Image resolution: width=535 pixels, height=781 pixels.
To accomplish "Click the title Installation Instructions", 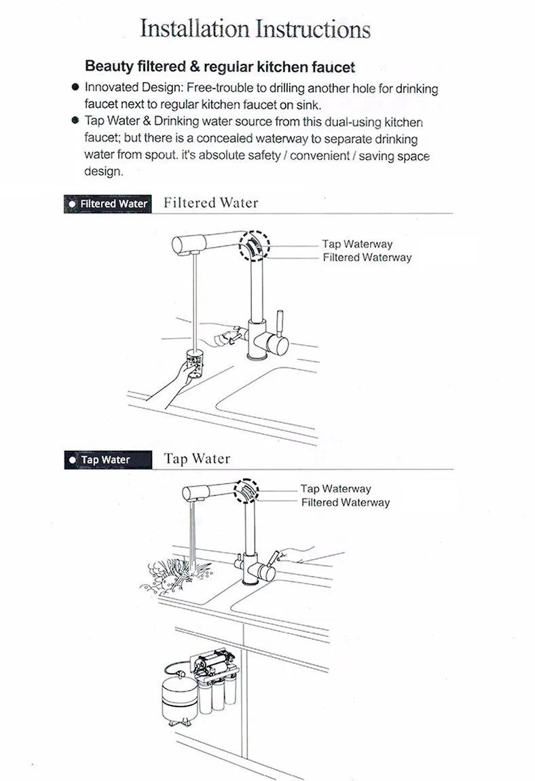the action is point(255,29).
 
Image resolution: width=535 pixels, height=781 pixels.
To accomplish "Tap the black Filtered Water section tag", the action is point(107,204).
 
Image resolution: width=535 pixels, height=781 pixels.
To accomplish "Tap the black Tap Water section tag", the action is point(107,460).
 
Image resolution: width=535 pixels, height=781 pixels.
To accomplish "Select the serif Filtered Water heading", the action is point(211,203).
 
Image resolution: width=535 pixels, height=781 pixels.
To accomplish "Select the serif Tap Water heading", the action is point(198,458).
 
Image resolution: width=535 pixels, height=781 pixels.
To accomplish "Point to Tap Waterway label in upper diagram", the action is point(357,244).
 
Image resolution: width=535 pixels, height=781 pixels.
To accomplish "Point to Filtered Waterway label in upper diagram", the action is point(367,257).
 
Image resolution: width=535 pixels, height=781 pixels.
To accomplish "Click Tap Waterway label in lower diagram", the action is point(336,488).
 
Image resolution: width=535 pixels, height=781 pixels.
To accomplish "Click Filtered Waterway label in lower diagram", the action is point(345,503).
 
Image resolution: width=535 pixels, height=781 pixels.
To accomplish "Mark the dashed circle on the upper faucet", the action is point(254,232).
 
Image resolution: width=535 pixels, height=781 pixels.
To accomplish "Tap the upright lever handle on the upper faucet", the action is point(280,322).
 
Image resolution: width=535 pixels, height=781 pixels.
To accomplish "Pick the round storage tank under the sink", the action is point(179,699).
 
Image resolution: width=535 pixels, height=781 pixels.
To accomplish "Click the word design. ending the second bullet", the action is point(103,172).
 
